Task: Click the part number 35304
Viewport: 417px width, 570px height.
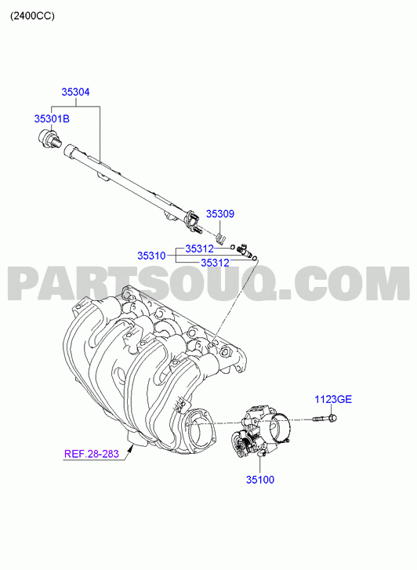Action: coord(75,92)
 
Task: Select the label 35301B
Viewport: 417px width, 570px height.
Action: coord(52,118)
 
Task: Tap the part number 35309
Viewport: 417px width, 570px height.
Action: coord(220,214)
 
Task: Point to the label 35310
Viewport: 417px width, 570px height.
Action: coord(151,256)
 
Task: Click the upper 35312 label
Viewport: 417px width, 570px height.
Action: coord(200,249)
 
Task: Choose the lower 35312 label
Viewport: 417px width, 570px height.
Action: coord(216,263)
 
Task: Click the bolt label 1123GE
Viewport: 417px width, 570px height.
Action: coord(333,399)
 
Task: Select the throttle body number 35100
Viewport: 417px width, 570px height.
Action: coord(260,480)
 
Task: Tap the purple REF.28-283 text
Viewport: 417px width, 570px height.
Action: coord(92,454)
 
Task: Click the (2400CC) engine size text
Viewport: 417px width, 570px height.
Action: coord(32,16)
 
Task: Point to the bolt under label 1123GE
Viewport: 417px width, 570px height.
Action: coord(325,419)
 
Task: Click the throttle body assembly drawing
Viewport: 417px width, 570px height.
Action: coord(261,430)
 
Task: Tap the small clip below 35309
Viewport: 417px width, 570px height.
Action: coord(221,238)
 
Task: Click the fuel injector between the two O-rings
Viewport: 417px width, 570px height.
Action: coord(245,252)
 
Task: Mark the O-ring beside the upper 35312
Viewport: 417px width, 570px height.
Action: coord(232,248)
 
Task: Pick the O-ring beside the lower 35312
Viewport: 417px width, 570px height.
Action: coord(255,259)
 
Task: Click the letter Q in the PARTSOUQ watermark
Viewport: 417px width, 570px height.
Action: coord(257,285)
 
